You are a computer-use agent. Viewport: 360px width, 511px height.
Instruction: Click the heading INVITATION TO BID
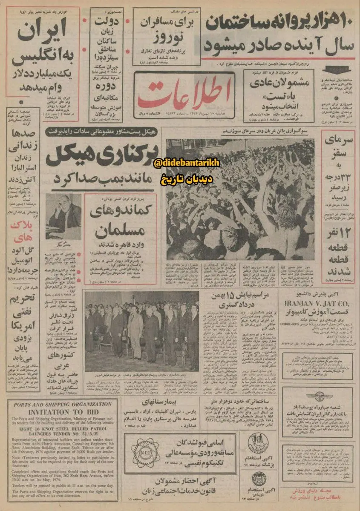tap(60, 412)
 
